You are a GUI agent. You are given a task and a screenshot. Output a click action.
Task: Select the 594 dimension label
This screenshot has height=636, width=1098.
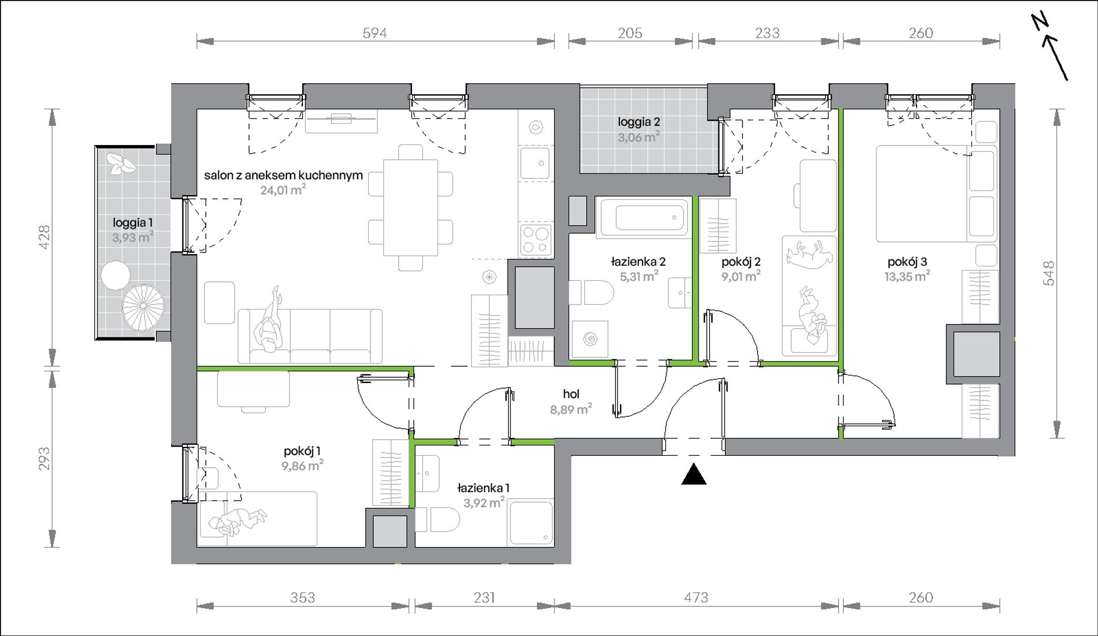[374, 34]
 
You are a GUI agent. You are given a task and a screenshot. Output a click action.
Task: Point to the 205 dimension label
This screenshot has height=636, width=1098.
[630, 34]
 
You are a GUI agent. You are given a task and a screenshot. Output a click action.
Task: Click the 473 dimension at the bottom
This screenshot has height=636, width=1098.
[696, 597]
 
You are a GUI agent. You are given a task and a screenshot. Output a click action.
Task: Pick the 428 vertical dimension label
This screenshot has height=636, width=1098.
[44, 237]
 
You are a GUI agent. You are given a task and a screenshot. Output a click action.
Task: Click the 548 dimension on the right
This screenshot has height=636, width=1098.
[1049, 273]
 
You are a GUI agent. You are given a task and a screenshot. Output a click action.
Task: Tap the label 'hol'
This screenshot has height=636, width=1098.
[571, 394]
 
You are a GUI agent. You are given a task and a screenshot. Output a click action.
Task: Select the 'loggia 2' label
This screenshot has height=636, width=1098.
[639, 122]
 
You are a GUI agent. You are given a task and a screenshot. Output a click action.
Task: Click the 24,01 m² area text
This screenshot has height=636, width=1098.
[283, 189]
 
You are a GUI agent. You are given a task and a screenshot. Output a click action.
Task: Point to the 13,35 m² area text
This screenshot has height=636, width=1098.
[907, 276]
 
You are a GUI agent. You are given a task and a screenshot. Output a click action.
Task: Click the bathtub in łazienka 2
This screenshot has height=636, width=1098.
[642, 217]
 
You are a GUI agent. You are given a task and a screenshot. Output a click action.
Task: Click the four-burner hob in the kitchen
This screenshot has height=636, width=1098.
[536, 240]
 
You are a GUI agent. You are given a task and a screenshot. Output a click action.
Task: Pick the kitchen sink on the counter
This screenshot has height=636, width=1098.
[536, 163]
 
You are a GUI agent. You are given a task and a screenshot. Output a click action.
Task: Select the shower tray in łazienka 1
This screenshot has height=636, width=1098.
[531, 523]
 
